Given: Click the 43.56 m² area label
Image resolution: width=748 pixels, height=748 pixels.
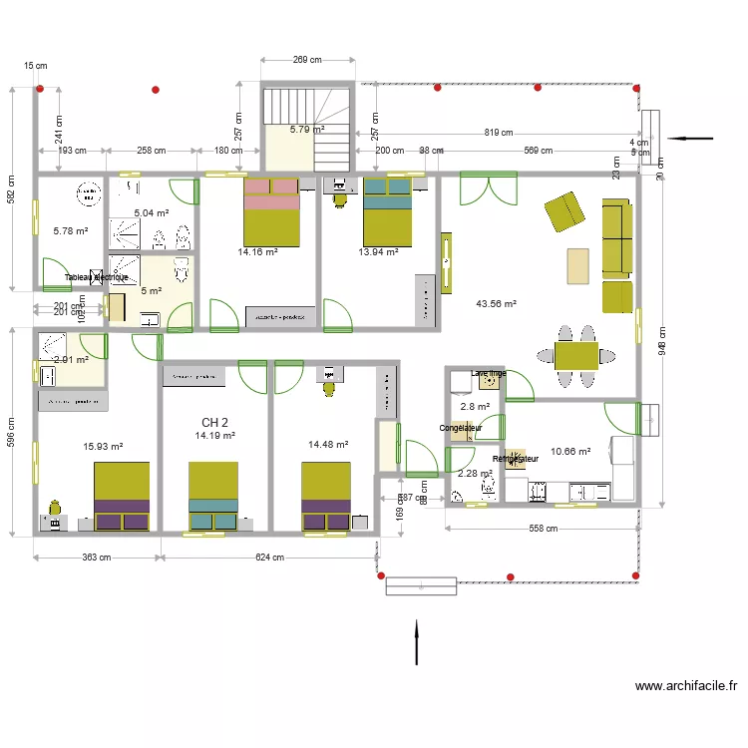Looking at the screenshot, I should (496, 304).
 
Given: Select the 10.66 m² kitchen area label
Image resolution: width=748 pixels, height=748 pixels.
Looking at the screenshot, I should (570, 452).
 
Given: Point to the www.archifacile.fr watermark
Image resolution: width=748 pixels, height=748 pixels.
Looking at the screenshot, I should (686, 686).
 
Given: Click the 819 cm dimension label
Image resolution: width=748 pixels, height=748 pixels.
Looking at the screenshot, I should (499, 133).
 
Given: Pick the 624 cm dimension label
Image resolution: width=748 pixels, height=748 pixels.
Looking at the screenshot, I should (269, 558).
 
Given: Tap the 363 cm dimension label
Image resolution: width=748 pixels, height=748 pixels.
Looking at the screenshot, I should (97, 558).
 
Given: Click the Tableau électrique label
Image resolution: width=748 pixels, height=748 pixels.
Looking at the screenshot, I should (96, 277).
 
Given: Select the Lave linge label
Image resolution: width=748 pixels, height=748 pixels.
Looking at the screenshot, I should (489, 374).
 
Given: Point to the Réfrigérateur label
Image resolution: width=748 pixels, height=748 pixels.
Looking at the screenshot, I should (516, 459).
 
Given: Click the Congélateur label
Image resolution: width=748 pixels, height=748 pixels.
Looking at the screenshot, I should (461, 429).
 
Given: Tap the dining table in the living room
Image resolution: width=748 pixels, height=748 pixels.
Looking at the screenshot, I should (575, 355).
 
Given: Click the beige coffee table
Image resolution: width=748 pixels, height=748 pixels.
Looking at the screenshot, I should (578, 266).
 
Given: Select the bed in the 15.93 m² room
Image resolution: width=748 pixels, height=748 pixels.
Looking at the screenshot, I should (122, 496).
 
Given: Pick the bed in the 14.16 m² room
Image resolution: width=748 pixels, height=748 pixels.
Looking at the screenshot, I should (271, 210).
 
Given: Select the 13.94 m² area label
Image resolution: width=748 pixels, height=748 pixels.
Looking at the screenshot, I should (379, 252).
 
